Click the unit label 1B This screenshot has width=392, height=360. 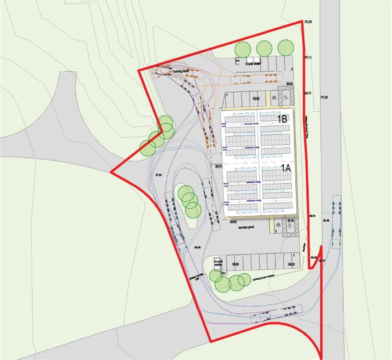pos(282,120)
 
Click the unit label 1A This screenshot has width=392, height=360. pos(285,168)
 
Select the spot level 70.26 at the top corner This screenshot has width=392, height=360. pos(308,22)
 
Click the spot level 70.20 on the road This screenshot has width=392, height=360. pos(324,97)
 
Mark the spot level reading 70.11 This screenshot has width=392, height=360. pos(308,57)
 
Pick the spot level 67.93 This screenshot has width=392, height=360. pos(159,175)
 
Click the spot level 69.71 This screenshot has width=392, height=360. pos(307,93)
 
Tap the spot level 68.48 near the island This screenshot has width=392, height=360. pos(198,247)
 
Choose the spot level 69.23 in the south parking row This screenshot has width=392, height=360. pos(291,264)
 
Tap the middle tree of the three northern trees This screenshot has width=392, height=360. pos(264,48)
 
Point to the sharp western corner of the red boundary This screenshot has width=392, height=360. pos(111,172)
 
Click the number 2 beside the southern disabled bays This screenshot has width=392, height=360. pos(276,231)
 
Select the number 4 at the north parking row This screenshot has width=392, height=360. pos(292,69)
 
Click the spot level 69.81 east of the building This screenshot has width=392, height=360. pos(313,215)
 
